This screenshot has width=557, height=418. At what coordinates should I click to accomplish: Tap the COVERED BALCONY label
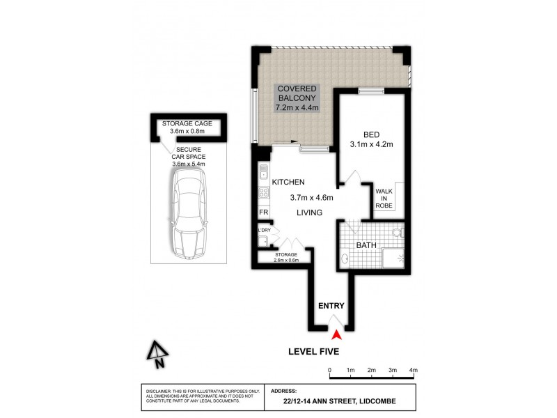tap(298, 98)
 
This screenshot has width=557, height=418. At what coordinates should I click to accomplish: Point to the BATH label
tap(366, 245)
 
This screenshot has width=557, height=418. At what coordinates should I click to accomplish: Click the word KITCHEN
tap(289, 181)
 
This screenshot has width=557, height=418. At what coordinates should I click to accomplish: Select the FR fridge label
tap(264, 212)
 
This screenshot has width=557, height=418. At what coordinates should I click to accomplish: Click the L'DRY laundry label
tap(264, 231)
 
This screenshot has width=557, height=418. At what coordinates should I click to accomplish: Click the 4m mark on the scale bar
tap(413, 369)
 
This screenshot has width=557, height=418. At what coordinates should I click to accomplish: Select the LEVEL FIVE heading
tap(313, 352)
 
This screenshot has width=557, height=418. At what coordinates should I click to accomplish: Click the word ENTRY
tap(331, 306)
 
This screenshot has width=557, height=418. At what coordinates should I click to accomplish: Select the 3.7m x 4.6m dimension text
tap(311, 197)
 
